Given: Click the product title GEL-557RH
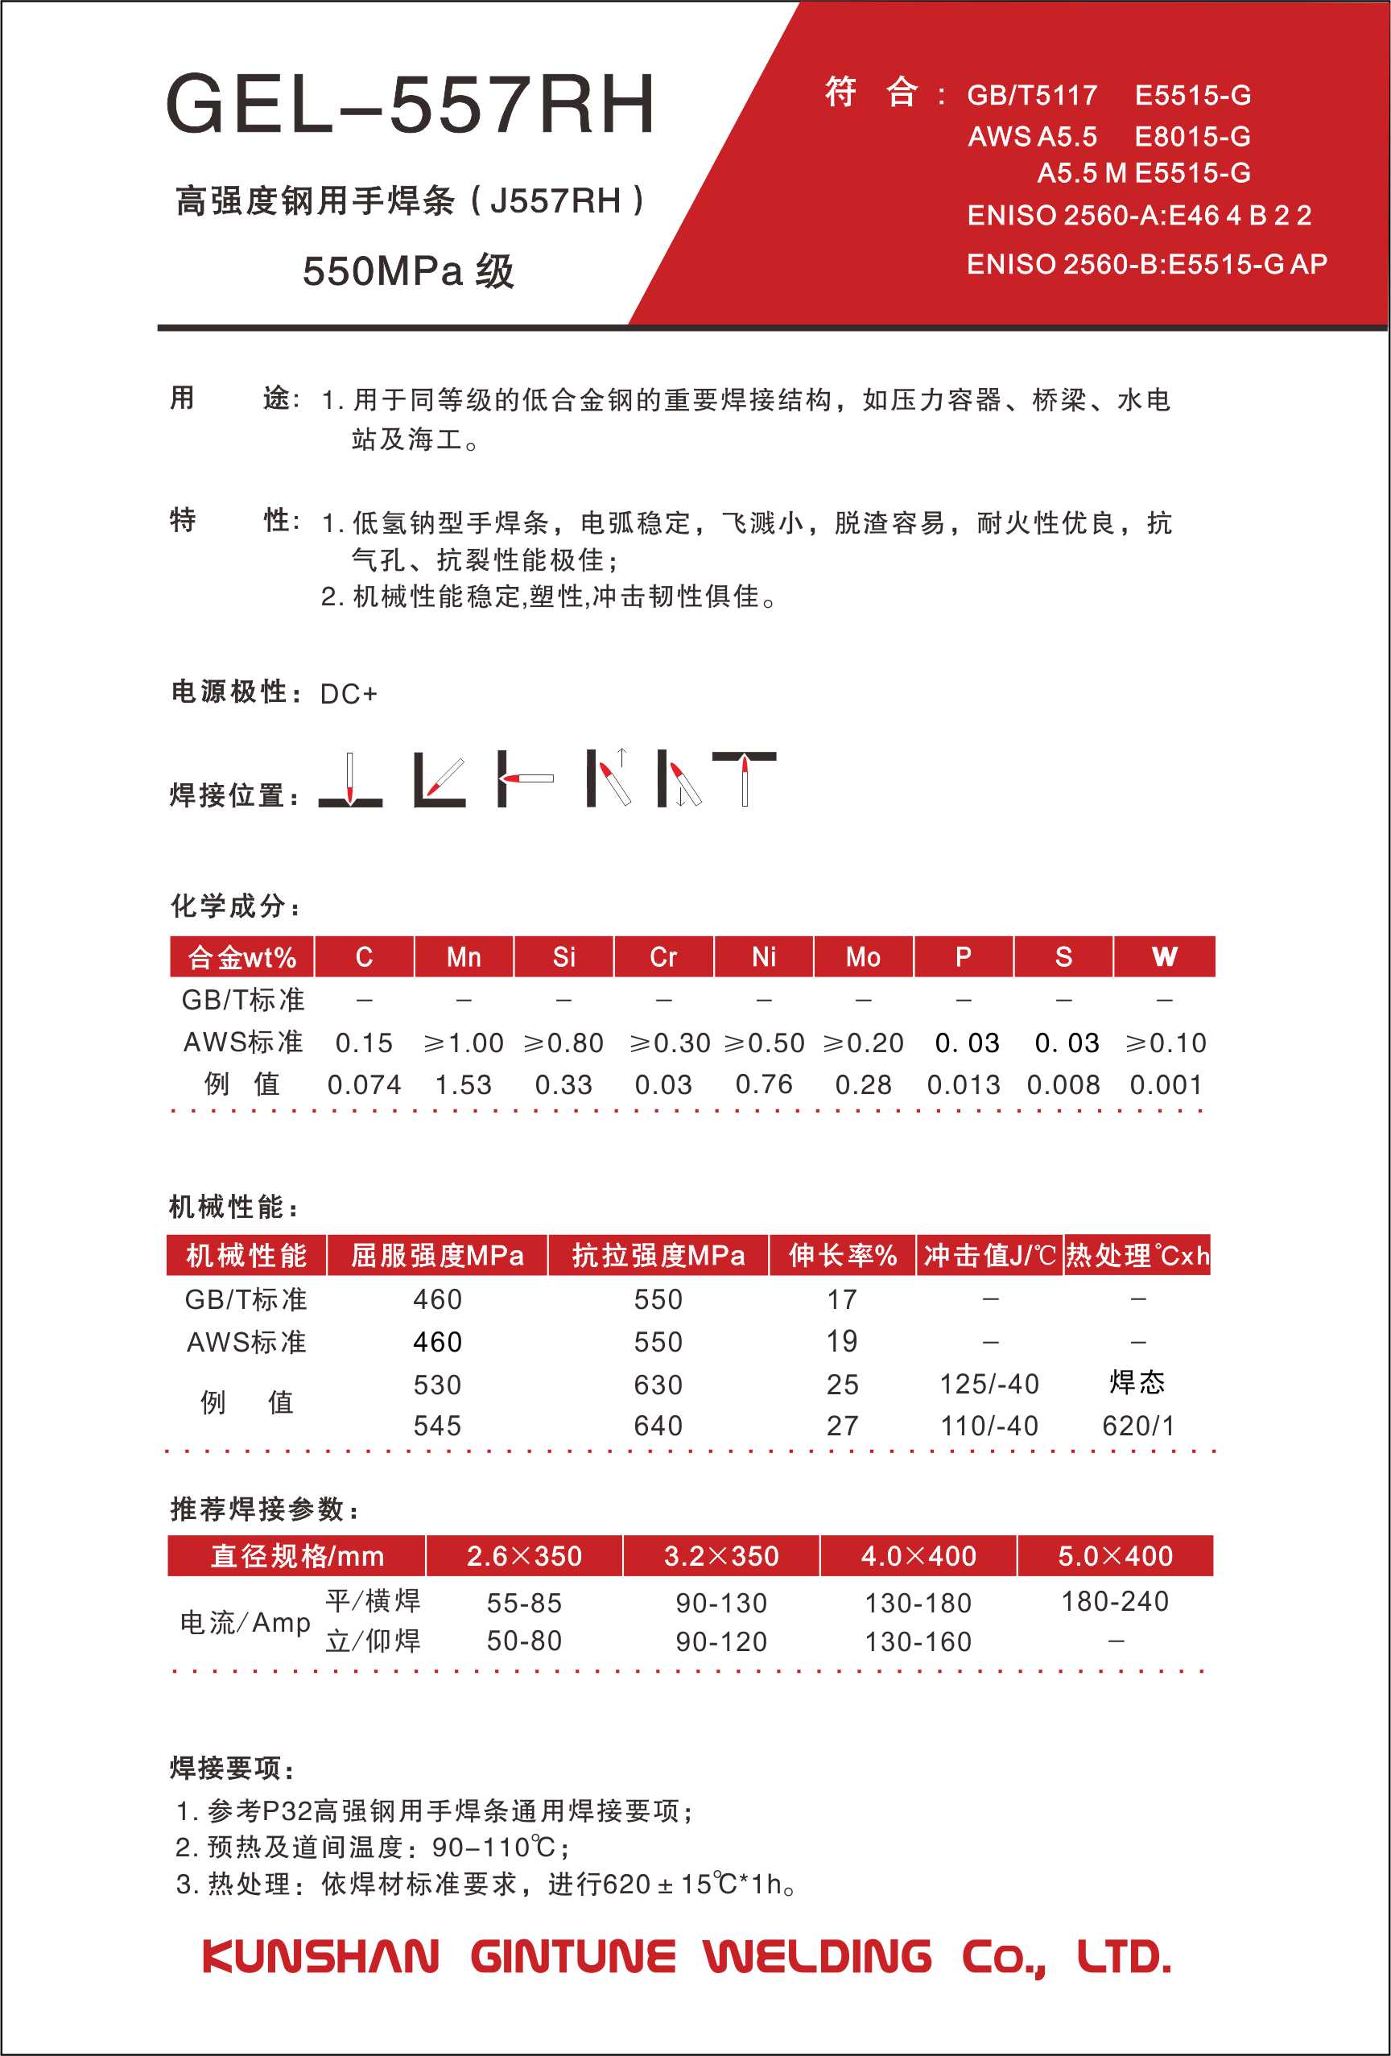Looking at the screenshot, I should pyautogui.click(x=410, y=105).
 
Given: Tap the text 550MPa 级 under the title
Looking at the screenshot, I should pyautogui.click(x=408, y=270).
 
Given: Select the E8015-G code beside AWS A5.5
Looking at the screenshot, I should pyautogui.click(x=1192, y=136).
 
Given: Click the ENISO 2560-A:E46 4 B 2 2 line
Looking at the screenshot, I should pyautogui.click(x=1139, y=215).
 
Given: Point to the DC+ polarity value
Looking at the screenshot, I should pyautogui.click(x=349, y=695).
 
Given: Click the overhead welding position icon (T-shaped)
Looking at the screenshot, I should pyautogui.click(x=744, y=778).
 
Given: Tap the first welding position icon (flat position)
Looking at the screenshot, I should pyautogui.click(x=350, y=779).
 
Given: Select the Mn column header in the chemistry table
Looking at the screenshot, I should pyautogui.click(x=464, y=957).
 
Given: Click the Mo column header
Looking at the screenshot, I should pyautogui.click(x=863, y=957).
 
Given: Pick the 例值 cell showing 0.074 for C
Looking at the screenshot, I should pyautogui.click(x=364, y=1084).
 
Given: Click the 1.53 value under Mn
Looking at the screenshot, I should pyautogui.click(x=464, y=1084).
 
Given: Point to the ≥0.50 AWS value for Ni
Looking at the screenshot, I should pyautogui.click(x=764, y=1043).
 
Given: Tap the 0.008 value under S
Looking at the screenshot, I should pyautogui.click(x=1063, y=1084).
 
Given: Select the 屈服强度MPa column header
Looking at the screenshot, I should pyautogui.click(x=437, y=1255).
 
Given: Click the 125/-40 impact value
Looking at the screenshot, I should pyautogui.click(x=989, y=1384).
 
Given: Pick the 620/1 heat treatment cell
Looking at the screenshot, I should pyautogui.click(x=1138, y=1426).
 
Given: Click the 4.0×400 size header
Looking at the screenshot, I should pyautogui.click(x=918, y=1556).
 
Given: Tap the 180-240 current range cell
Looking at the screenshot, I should pyautogui.click(x=1115, y=1601).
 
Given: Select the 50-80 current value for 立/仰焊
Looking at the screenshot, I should pyautogui.click(x=524, y=1641).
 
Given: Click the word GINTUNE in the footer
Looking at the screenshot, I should pyautogui.click(x=572, y=1957).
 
